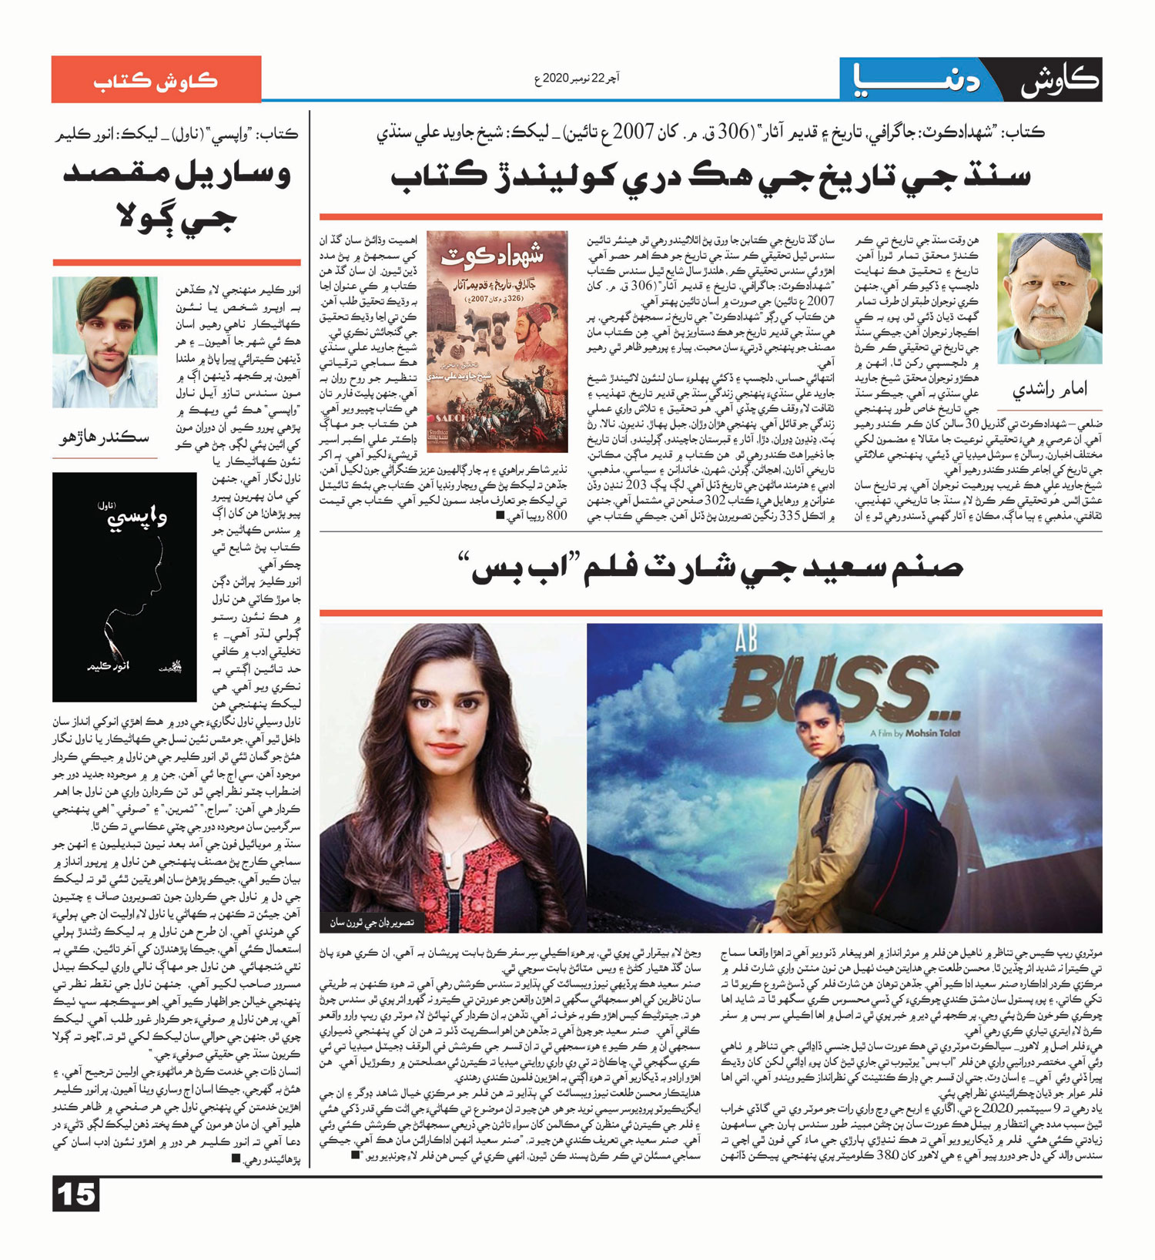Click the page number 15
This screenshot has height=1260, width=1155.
[76, 1195]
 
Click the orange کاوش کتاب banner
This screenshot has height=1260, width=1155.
[156, 79]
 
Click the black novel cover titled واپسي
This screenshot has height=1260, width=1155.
[124, 586]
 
